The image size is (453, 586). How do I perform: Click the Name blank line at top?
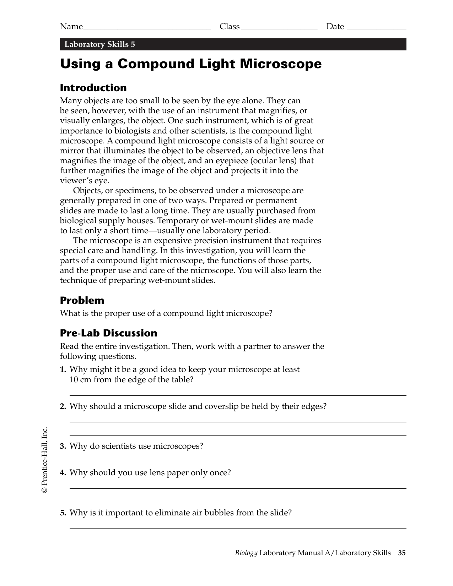click(146, 30)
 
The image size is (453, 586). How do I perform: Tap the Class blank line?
click(279, 30)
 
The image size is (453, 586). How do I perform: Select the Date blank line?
click(376, 30)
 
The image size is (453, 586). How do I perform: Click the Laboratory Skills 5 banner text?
click(99, 45)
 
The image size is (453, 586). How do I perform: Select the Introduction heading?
click(93, 88)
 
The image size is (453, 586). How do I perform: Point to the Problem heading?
click(82, 301)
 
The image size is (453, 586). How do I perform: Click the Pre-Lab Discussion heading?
click(108, 333)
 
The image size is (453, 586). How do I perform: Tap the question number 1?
click(63, 370)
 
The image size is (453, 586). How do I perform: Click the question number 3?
click(63, 447)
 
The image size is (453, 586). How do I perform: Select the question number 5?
click(63, 513)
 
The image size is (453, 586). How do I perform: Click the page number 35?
click(402, 553)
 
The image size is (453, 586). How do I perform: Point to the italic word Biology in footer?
click(246, 553)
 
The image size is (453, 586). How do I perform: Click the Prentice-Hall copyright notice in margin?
click(44, 460)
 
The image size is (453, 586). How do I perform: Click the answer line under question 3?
click(237, 461)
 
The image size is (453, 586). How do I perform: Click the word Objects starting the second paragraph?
click(87, 191)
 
